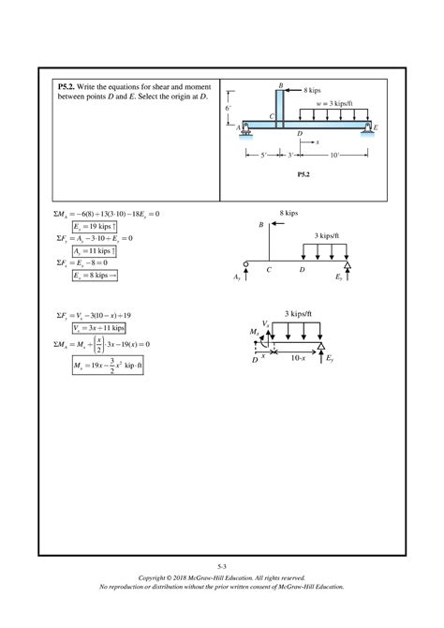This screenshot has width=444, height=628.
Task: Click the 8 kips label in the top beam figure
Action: click(x=314, y=89)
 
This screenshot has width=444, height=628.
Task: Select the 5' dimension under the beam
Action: click(x=265, y=154)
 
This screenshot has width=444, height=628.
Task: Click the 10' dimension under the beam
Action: click(x=334, y=154)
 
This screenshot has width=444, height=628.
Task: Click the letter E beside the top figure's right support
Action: click(x=376, y=126)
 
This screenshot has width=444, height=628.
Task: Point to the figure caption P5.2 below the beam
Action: click(x=304, y=174)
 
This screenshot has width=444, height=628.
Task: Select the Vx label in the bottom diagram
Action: click(x=265, y=322)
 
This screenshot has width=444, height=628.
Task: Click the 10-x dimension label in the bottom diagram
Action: click(x=297, y=357)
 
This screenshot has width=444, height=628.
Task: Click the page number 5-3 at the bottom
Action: click(x=221, y=568)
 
